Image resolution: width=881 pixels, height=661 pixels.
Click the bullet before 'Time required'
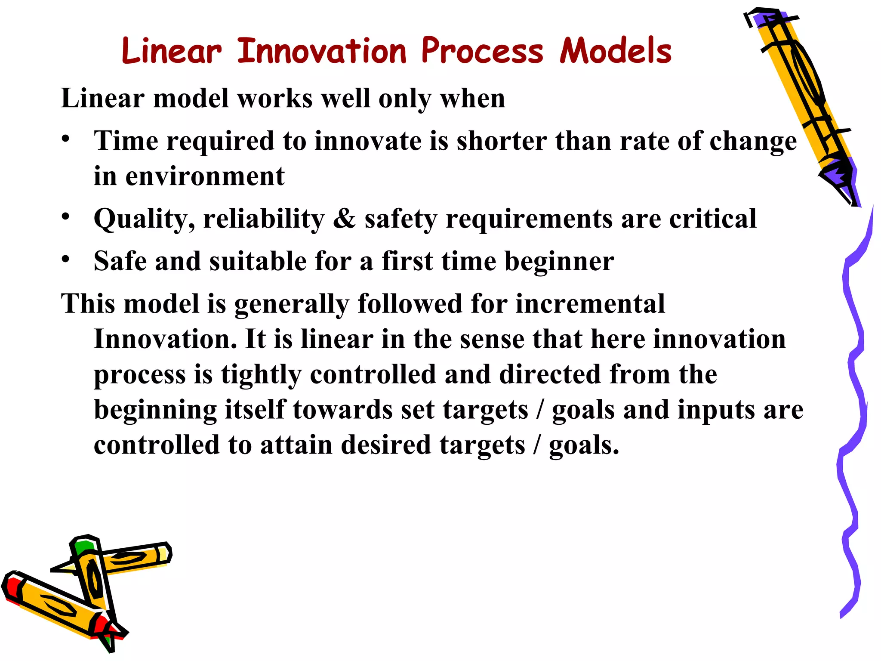(x=65, y=139)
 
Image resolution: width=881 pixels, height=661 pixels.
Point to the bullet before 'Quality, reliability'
(x=65, y=216)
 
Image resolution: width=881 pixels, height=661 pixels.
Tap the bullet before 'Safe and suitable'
(x=65, y=259)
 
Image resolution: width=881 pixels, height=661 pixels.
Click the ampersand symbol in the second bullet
(x=344, y=219)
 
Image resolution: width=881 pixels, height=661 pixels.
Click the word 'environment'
(x=205, y=176)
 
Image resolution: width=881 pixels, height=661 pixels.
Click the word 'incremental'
(x=590, y=304)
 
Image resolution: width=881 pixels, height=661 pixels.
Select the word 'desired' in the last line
(x=386, y=445)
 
